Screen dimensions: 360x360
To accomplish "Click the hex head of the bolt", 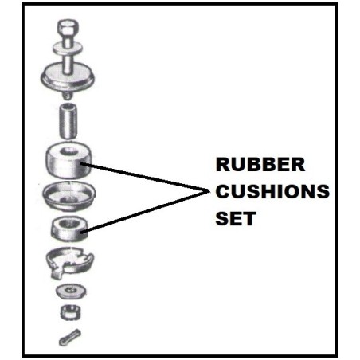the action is click(x=68, y=29).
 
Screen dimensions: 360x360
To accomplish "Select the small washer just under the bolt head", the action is click(x=68, y=49).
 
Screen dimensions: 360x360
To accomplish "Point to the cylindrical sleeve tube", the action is click(x=68, y=121).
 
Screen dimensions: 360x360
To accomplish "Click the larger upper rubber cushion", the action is click(x=68, y=160).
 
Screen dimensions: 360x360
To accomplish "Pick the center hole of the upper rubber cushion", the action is click(x=68, y=151).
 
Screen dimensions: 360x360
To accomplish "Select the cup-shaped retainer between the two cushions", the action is click(x=69, y=196).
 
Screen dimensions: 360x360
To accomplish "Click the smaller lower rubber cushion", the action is click(x=68, y=229).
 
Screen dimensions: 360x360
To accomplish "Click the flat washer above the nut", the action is click(x=71, y=291).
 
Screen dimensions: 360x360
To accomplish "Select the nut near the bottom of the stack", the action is click(x=71, y=312).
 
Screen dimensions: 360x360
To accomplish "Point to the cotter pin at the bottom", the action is click(x=70, y=337).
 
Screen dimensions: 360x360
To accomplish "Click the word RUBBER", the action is click(x=260, y=165).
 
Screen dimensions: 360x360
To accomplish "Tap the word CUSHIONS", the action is click(x=272, y=191).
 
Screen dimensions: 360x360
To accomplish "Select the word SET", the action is click(x=236, y=218).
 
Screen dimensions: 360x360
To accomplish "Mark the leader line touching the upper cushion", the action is click(x=145, y=178).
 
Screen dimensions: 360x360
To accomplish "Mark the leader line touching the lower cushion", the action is click(x=145, y=213).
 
